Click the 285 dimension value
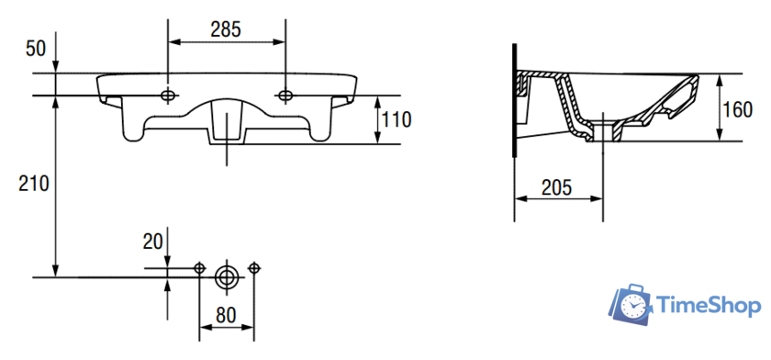tap(226, 29)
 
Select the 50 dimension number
tap(36, 50)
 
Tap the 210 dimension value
tap(34, 184)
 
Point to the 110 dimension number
tap(397, 119)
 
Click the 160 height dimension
tap(737, 109)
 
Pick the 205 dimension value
tap(556, 187)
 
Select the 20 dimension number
tap(152, 242)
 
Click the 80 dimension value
tap(226, 315)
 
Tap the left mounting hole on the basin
tap(168, 96)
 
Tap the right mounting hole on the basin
tap(285, 96)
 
